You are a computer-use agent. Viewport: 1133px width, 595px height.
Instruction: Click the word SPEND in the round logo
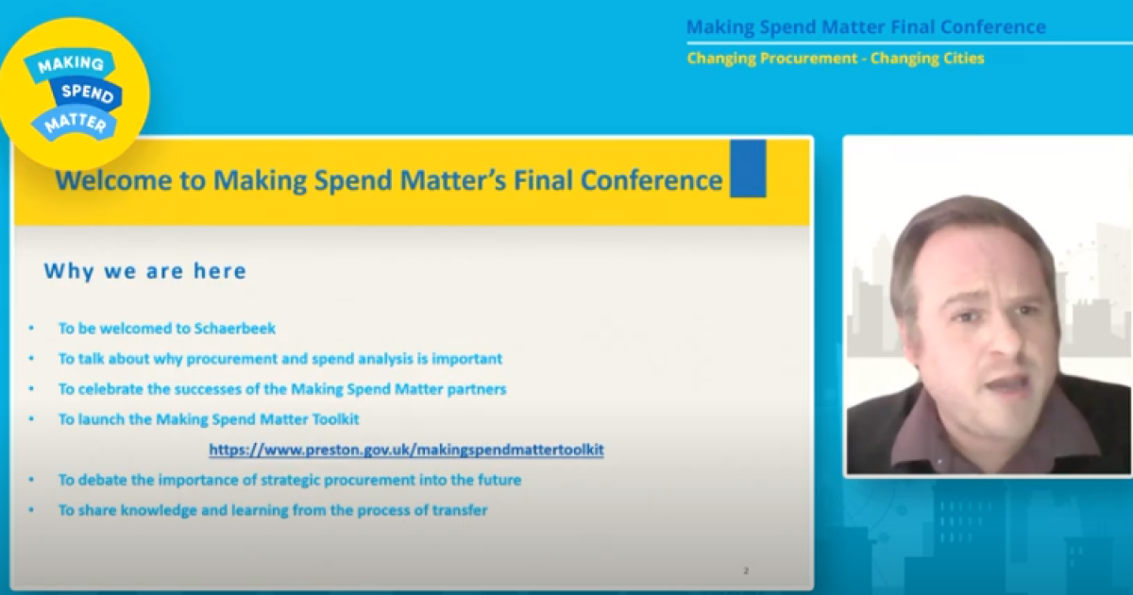point(88,93)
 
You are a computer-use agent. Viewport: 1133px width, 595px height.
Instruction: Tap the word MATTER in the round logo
point(76,123)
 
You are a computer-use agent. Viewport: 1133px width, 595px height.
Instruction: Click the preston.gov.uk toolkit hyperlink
point(406,450)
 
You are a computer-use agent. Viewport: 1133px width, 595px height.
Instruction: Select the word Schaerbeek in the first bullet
point(235,329)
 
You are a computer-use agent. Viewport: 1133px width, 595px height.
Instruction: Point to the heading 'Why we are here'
point(145,271)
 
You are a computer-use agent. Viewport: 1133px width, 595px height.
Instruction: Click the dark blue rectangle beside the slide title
point(748,168)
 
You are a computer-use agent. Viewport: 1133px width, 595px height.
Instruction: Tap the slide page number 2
point(746,570)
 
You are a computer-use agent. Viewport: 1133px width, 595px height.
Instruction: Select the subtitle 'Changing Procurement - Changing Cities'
point(836,59)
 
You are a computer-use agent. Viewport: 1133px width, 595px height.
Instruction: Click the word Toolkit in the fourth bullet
point(336,419)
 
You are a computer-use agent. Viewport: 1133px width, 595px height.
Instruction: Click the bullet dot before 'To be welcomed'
point(31,329)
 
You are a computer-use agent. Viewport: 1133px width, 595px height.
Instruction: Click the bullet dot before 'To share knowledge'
point(31,510)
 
